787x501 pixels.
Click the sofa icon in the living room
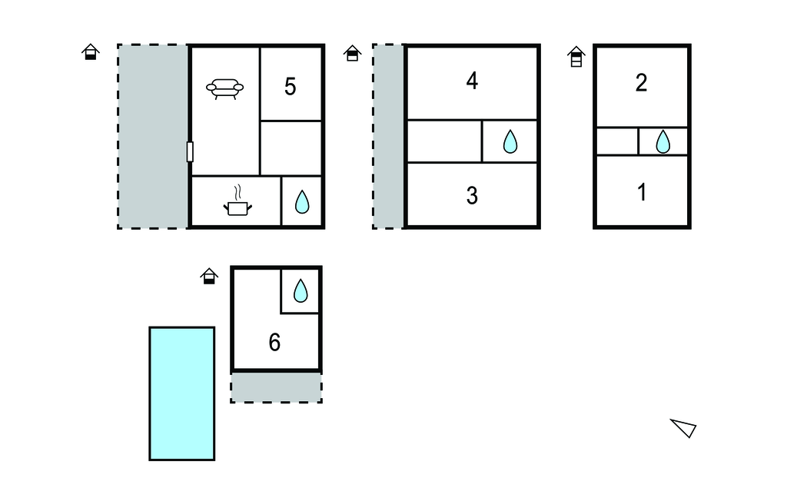pos(224,89)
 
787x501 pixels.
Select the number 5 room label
pos(290,87)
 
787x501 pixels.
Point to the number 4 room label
pos(472,81)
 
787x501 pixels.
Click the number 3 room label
pos(472,195)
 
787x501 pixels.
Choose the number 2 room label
pos(641,83)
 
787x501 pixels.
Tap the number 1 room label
pos(642,192)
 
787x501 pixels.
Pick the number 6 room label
pos(274,343)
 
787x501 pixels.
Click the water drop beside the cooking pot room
pos(302,201)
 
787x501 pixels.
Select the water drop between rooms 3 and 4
pos(509,141)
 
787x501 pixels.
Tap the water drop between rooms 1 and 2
pos(662,141)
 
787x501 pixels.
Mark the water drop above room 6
pos(301,290)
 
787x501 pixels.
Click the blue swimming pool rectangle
pos(181,393)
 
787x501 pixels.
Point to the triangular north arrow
pos(683,427)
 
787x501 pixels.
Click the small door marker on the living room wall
pos(190,151)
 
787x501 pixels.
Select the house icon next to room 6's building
pos(209,276)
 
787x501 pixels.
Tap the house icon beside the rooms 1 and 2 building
pos(576,56)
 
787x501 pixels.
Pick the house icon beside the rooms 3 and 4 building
pos(353,53)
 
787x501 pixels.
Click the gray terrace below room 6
pos(276,387)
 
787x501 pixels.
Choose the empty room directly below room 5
pos(291,148)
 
